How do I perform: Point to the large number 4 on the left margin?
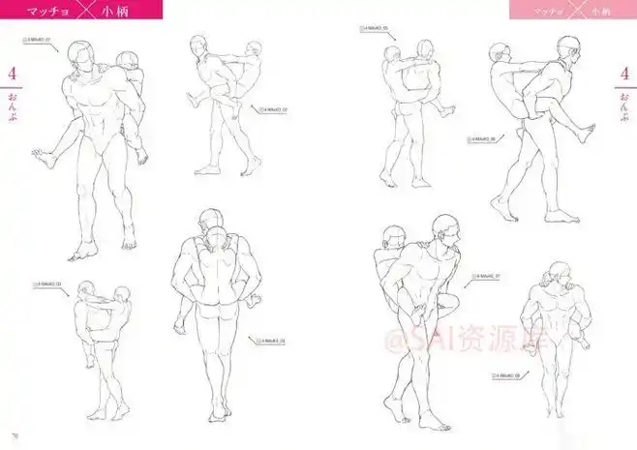(x=13, y=75)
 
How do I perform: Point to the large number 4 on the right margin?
(x=622, y=75)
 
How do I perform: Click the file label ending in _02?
(x=275, y=110)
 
